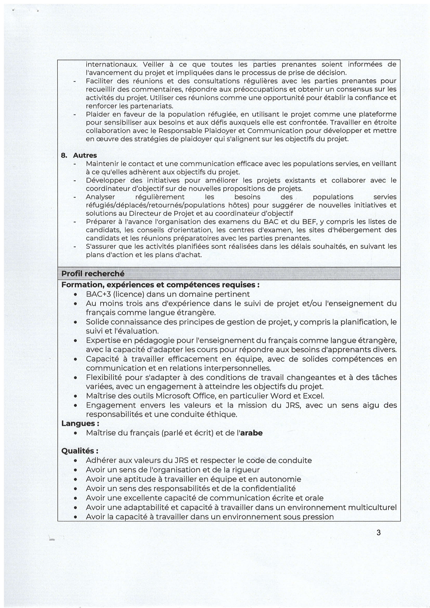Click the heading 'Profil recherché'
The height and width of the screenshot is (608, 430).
coord(93,273)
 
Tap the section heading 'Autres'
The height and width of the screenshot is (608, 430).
coord(85,155)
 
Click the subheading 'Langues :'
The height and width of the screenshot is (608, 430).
coord(78,423)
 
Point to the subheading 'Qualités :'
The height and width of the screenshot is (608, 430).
coord(80,451)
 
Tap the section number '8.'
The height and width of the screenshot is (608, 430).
coord(64,155)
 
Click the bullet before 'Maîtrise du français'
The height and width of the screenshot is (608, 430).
coord(76,433)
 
